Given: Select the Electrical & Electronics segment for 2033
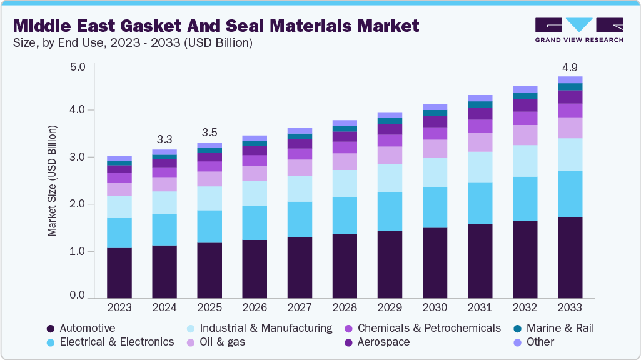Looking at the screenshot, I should click(570, 194).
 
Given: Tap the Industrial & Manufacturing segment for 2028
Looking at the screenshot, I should click(345, 184).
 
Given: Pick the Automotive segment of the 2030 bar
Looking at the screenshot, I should click(435, 263).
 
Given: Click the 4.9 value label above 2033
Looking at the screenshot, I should click(570, 67).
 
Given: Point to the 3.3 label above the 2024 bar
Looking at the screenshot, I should click(164, 139).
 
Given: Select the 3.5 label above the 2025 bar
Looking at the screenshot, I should click(209, 132).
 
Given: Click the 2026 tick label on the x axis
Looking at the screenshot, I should click(254, 308).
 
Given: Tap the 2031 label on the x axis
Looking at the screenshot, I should click(480, 308).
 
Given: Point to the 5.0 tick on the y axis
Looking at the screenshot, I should click(77, 66).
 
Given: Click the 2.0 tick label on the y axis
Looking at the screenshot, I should click(77, 204).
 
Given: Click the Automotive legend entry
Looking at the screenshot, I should click(87, 328).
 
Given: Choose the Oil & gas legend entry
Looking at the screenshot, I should click(222, 342).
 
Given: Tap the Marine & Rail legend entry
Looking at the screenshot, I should click(560, 328).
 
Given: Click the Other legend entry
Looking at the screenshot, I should click(540, 342).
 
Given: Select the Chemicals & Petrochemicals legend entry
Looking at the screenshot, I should click(429, 328).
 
